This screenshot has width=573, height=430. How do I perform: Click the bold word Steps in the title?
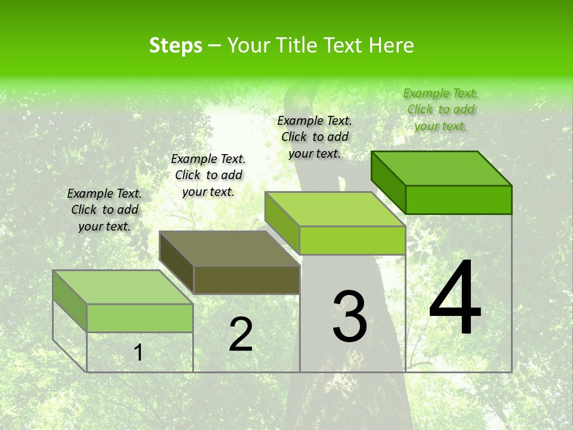pos(175,45)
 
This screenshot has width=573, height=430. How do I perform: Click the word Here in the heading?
pos(391,45)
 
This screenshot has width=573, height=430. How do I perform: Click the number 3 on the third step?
pos(350,317)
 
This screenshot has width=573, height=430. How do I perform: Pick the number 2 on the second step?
pos(241,334)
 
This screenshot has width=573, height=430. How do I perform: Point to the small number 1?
pos(138,352)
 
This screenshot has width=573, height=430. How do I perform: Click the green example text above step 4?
pos(440,109)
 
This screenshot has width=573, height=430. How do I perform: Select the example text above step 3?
pos(315,137)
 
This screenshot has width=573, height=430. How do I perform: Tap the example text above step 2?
pos(208,175)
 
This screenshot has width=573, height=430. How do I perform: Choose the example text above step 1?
pos(104,210)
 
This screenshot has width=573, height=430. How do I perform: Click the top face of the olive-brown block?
pos(229,248)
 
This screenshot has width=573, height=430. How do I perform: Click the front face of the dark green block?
pos(458,199)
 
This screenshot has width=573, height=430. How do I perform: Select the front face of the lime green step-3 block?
pos(352,240)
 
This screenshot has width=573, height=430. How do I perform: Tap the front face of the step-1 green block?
pos(140,318)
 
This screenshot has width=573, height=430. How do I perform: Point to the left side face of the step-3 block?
pos(282,222)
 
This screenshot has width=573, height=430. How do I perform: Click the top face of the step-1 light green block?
pos(122,287)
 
